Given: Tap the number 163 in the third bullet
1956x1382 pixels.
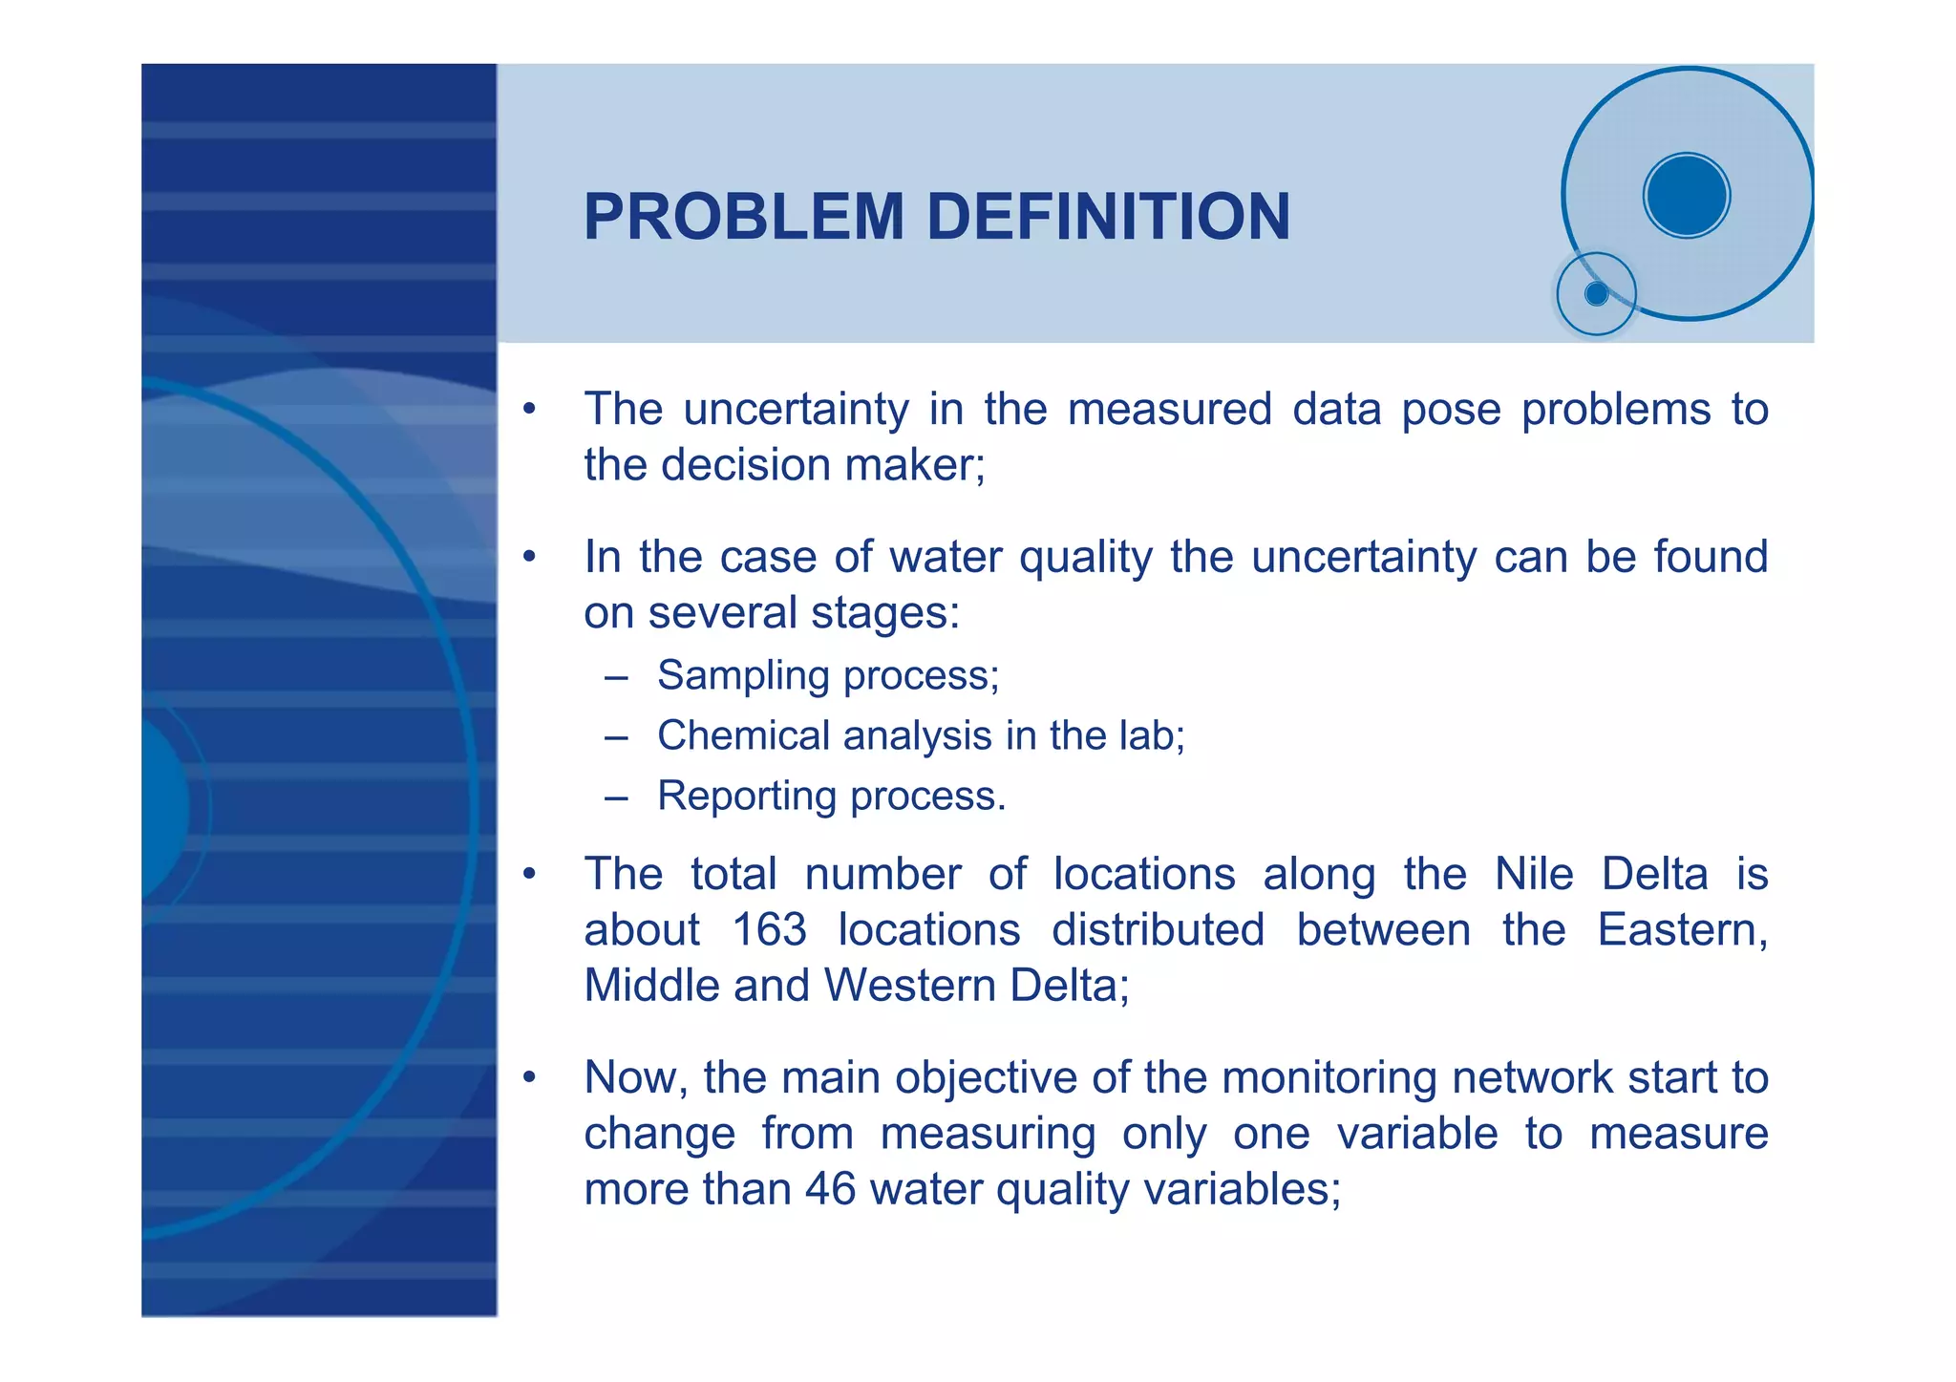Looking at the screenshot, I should point(769,930).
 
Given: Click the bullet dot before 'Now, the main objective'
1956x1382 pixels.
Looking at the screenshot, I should point(529,1079).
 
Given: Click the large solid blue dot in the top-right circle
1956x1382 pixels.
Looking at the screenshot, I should point(1687,195).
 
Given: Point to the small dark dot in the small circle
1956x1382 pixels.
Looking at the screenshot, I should point(1596,294).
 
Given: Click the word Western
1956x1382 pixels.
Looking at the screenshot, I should point(910,986).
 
